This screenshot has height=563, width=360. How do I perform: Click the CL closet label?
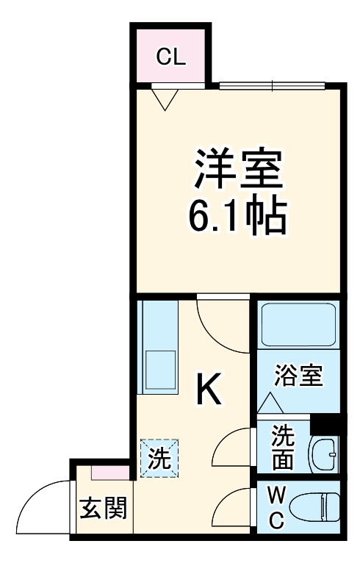pos(170,57)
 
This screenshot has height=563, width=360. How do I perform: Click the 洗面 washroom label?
pos(282,448)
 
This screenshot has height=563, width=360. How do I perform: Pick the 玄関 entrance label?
pos(103,509)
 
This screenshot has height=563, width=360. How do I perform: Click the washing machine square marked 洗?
pos(159,458)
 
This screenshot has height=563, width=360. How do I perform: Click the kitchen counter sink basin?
pos(160,365)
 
